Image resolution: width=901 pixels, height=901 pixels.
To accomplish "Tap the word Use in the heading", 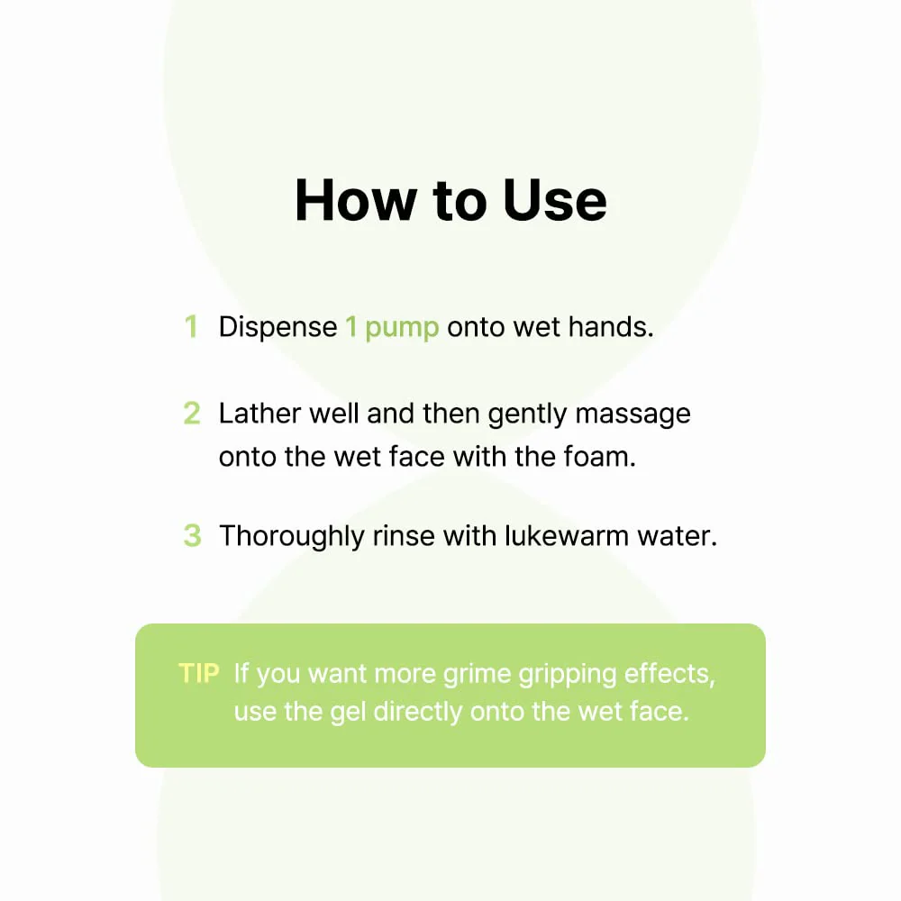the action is pyautogui.click(x=554, y=200).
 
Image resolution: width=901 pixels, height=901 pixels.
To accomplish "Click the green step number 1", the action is pyautogui.click(x=191, y=326).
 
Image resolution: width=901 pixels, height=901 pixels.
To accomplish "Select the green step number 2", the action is pyautogui.click(x=192, y=414).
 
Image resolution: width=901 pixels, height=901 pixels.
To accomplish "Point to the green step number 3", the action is pyautogui.click(x=192, y=535).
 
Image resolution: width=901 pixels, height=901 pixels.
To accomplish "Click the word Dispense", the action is pyautogui.click(x=278, y=328).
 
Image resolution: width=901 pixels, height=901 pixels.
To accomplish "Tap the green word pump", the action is pyautogui.click(x=402, y=329).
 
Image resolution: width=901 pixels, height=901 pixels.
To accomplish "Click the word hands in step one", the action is pyautogui.click(x=610, y=326).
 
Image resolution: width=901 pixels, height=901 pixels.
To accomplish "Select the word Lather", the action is pyautogui.click(x=259, y=414).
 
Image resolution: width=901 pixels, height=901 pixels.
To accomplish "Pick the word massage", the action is pyautogui.click(x=633, y=415).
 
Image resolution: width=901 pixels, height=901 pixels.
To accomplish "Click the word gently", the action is pyautogui.click(x=527, y=415).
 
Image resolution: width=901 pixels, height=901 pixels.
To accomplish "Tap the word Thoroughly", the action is pyautogui.click(x=292, y=537).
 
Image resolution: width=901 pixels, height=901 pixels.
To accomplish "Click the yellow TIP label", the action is pyautogui.click(x=199, y=673).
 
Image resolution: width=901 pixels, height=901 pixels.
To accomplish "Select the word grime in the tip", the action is pyautogui.click(x=477, y=674).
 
